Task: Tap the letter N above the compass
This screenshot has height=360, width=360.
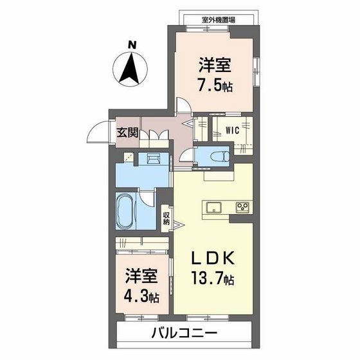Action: [132, 44]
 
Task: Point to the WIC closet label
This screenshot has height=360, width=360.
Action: [232, 130]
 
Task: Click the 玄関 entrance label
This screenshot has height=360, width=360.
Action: [126, 133]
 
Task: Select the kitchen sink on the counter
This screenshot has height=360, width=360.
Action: [212, 207]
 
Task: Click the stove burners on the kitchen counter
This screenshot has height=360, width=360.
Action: [242, 207]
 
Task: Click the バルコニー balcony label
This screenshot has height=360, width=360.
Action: [184, 334]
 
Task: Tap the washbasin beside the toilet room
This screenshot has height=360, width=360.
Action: [155, 158]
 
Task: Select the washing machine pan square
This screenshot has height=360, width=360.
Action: [129, 158]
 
